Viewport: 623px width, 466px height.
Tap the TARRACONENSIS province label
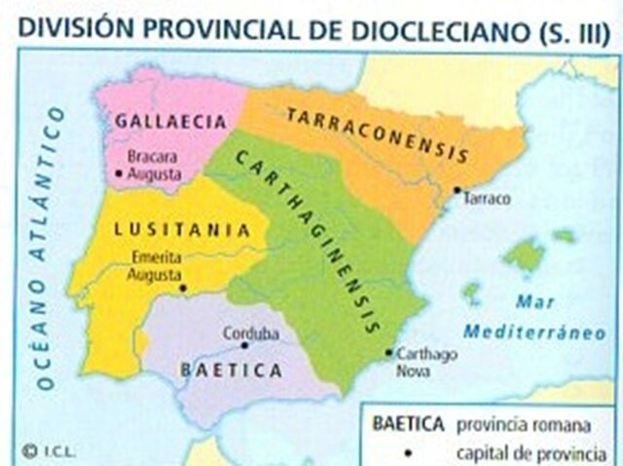(x=378, y=134)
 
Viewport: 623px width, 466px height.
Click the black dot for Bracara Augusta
(x=117, y=173)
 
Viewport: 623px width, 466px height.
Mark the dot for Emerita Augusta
(x=181, y=288)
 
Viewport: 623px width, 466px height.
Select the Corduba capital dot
(x=245, y=344)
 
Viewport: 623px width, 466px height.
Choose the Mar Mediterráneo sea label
(x=536, y=316)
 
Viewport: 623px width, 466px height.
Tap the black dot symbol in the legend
(x=408, y=453)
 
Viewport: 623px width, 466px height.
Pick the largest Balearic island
(x=525, y=256)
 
